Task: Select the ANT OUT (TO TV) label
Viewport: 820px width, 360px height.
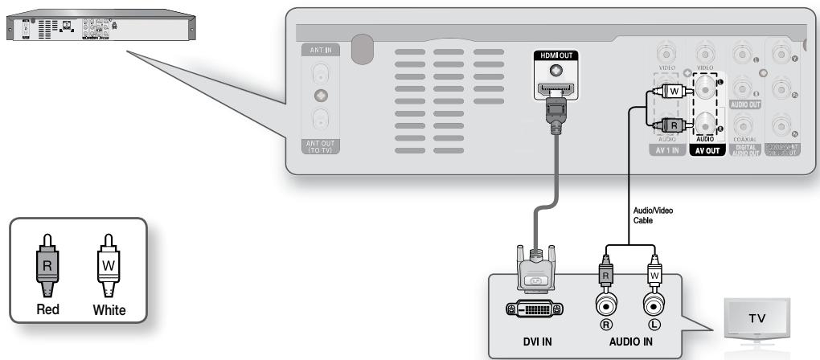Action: pos(320,146)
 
